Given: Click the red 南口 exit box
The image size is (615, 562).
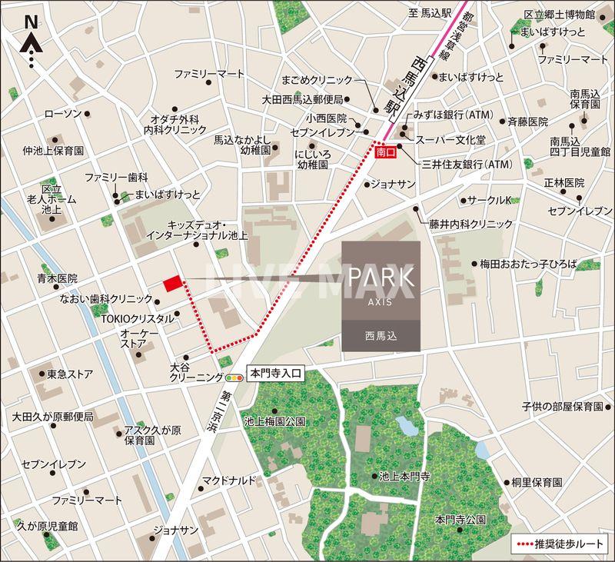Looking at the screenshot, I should (387, 153).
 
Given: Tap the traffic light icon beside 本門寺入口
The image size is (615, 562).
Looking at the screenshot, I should (233, 377).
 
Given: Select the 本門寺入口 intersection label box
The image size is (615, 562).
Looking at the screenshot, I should (275, 375).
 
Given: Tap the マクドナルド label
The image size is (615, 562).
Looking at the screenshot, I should (228, 481).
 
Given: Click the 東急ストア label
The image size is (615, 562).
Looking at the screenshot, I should (71, 374).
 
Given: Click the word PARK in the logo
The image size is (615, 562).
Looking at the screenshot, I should (381, 278).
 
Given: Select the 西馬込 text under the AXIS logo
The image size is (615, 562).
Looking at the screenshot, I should (381, 335).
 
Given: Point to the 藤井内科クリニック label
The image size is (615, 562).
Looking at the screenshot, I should (470, 224).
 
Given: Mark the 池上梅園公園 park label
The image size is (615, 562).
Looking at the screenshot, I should (274, 421).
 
